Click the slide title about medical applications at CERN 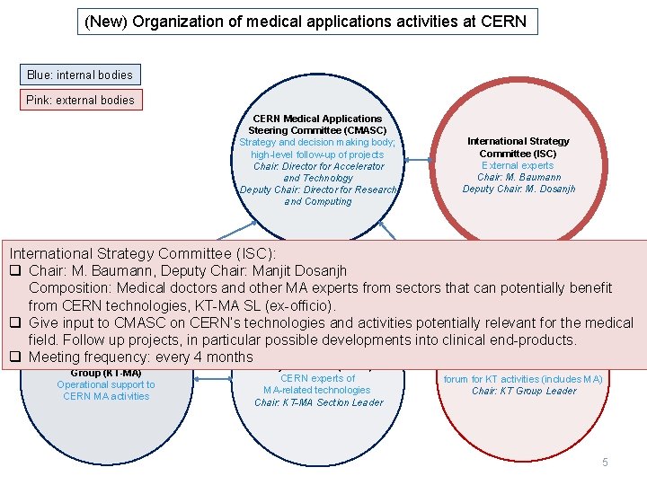coord(306,22)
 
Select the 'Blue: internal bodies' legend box coord(80,75)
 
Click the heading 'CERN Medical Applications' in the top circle coord(317,119)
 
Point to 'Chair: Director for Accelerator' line coord(318,166)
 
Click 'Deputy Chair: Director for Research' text coord(317,190)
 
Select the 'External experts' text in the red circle coord(518,165)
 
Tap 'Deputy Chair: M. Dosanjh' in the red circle coord(518,189)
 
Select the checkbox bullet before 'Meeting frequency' coord(14,357)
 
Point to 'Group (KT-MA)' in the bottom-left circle coord(105,373)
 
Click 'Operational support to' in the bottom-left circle coord(105,384)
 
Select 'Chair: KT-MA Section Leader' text coord(318,402)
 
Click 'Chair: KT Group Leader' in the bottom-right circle coord(524,391)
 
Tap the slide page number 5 coord(605,462)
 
